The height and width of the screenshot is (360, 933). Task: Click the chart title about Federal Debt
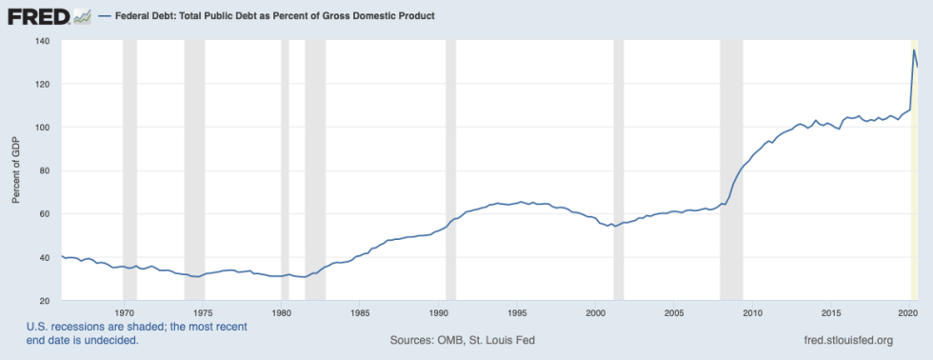(x=275, y=17)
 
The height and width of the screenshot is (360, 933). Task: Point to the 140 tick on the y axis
(x=43, y=41)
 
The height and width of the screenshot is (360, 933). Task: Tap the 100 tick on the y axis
(x=43, y=128)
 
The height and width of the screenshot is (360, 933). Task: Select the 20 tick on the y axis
(x=46, y=301)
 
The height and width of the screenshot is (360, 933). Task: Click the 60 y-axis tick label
(x=46, y=214)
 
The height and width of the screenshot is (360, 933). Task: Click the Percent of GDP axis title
(x=15, y=171)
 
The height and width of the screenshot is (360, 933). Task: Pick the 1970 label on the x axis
(x=124, y=312)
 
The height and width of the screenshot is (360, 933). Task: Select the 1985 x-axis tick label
(x=360, y=312)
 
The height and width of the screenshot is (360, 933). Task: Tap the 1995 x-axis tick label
(x=517, y=312)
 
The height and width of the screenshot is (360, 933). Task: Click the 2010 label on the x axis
(x=752, y=312)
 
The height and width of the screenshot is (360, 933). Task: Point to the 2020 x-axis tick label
(x=909, y=312)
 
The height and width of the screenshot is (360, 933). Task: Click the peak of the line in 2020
(x=914, y=50)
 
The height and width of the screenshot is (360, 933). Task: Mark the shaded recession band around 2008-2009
(x=731, y=171)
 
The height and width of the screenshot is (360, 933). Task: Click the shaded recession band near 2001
(x=619, y=171)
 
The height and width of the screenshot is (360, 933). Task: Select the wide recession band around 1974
(x=194, y=171)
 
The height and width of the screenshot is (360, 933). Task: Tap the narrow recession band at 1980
(x=285, y=171)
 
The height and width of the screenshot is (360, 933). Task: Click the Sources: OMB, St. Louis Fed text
(x=465, y=340)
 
